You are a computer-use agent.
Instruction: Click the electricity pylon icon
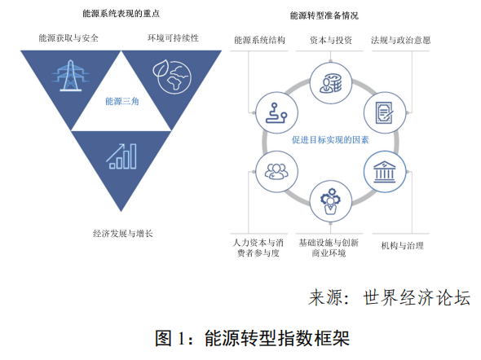71,76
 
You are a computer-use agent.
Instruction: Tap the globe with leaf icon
172,77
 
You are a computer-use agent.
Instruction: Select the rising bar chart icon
121,156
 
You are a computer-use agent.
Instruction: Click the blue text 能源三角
121,101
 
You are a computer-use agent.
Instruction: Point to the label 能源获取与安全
68,38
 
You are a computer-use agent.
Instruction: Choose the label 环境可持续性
173,38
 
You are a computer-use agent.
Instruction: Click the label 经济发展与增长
123,234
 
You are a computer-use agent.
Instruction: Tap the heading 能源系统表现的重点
121,14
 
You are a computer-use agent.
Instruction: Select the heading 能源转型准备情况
324,15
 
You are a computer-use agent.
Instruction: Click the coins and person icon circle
331,83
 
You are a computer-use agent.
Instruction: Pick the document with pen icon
385,112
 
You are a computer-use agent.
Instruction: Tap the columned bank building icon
385,172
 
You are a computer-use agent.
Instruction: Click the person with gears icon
330,201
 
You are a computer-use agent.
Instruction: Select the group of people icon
276,172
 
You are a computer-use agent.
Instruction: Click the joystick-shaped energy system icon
276,113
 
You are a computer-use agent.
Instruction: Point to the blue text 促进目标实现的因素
330,140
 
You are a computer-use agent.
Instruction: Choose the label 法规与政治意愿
400,40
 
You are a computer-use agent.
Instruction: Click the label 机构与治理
403,245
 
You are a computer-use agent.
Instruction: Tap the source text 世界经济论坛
417,297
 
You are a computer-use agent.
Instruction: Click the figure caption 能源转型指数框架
277,338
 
